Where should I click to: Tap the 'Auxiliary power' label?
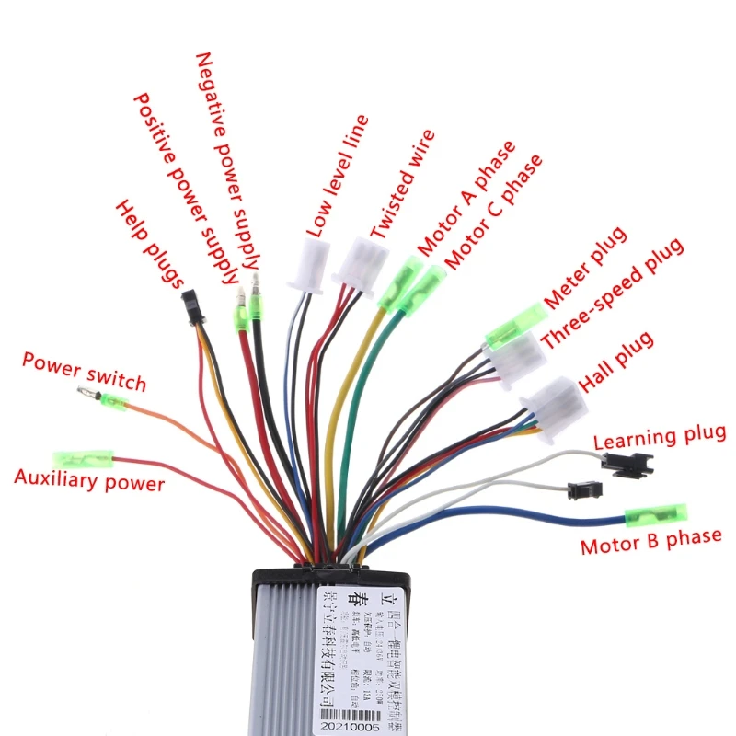pos(89,481)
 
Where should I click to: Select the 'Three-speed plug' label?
pos(612,293)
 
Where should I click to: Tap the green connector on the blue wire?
pos(655,514)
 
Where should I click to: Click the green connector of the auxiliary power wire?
pos(83,458)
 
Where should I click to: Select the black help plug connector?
pos(191,306)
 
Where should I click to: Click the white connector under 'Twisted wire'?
pos(360,263)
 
